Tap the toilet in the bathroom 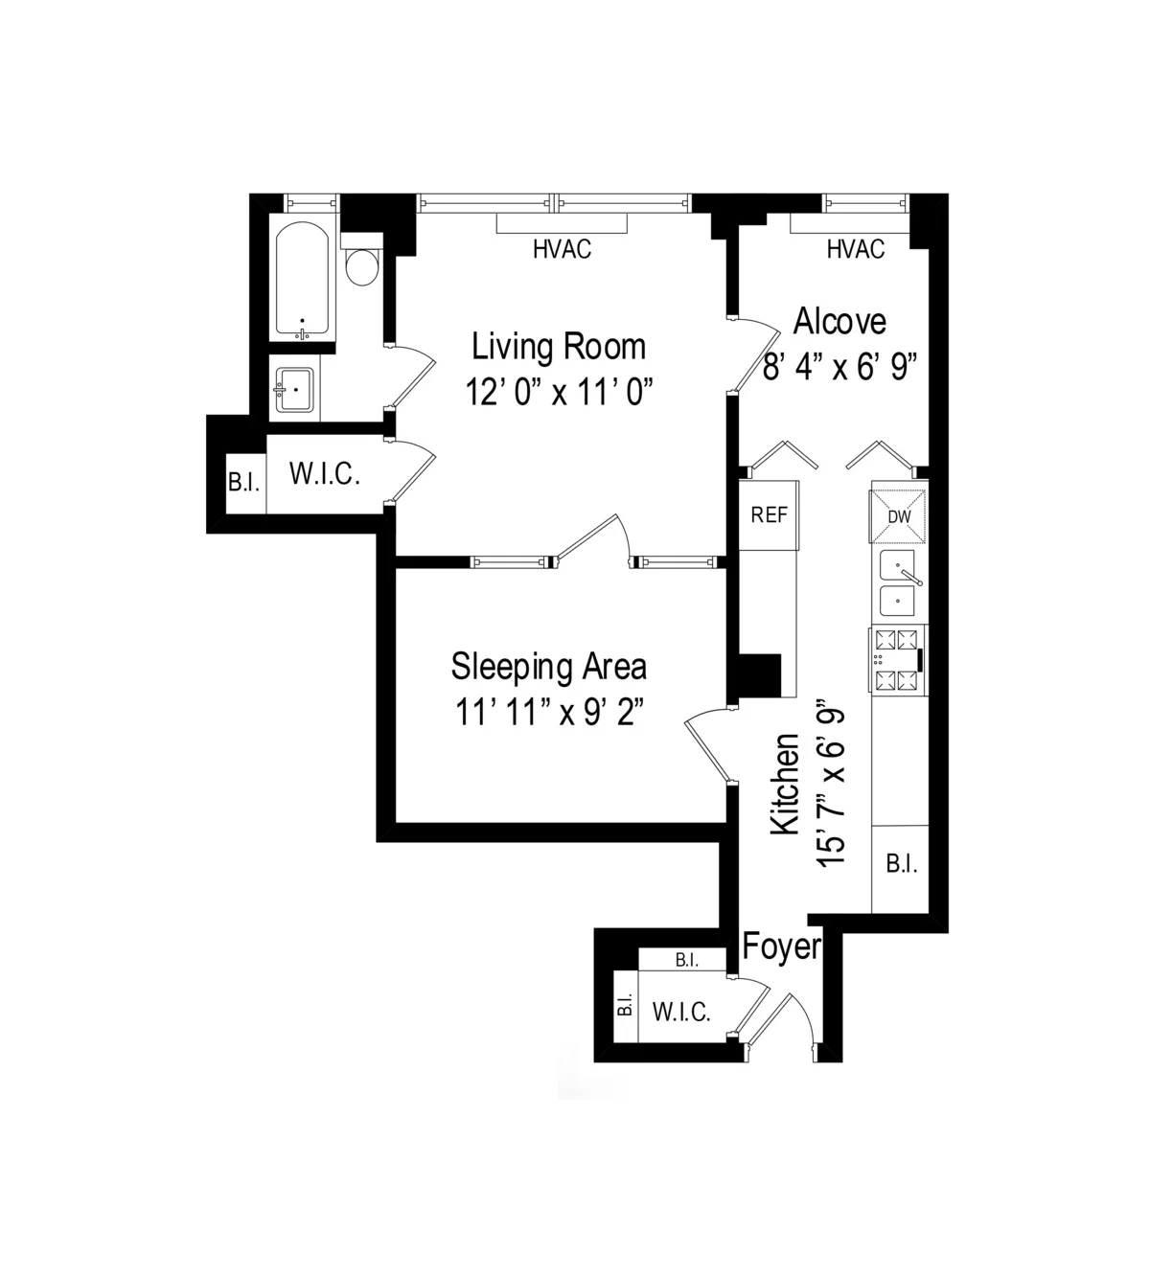(361, 267)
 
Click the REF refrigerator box (769, 515)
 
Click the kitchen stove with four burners (898, 660)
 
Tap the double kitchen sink (898, 583)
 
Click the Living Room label (559, 346)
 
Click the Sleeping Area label (548, 666)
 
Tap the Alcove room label (839, 322)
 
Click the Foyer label (782, 946)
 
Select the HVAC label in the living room (562, 250)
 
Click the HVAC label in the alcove (855, 250)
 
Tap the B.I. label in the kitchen (901, 865)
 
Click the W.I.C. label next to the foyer (681, 1012)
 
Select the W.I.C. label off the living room (324, 474)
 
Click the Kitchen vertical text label (786, 784)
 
